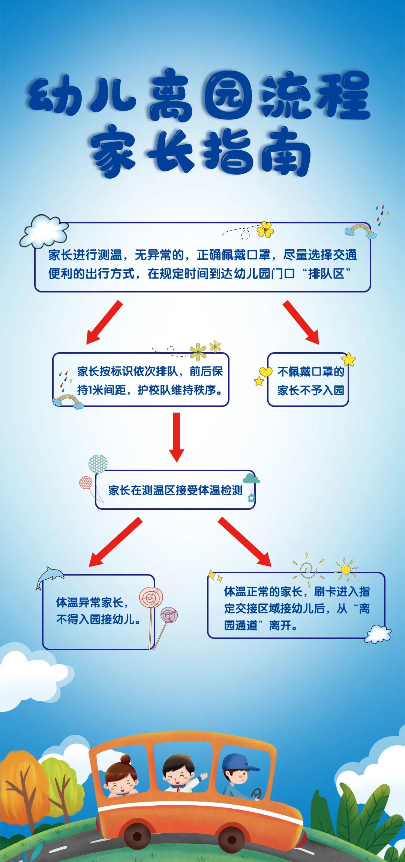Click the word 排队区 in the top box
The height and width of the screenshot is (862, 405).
[x=326, y=274]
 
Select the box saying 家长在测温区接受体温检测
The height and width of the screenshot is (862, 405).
[x=175, y=490]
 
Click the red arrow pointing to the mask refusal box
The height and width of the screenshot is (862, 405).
[x=301, y=322]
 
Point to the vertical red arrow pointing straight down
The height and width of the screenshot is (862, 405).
[x=176, y=437]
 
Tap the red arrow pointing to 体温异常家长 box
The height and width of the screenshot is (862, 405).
[x=115, y=542]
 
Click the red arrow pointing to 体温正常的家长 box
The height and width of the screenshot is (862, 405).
[x=244, y=541]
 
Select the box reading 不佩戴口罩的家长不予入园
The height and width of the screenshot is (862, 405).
[x=308, y=380]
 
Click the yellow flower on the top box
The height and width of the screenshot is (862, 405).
[x=265, y=229]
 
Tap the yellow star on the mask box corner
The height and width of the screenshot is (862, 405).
[x=349, y=359]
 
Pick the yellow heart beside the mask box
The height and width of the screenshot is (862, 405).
[x=266, y=372]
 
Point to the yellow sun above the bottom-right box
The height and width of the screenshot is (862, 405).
[x=346, y=570]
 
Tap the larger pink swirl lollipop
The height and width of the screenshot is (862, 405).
[x=151, y=597]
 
